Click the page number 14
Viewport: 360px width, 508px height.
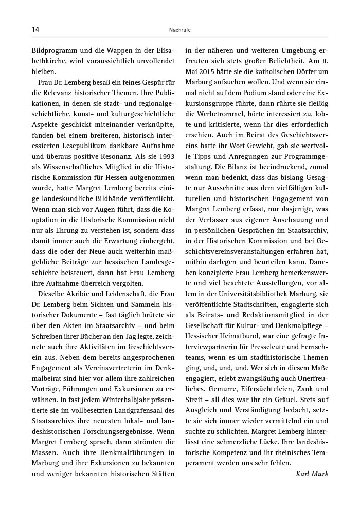35,29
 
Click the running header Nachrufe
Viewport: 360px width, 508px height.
180,30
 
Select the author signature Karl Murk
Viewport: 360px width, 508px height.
312,474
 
